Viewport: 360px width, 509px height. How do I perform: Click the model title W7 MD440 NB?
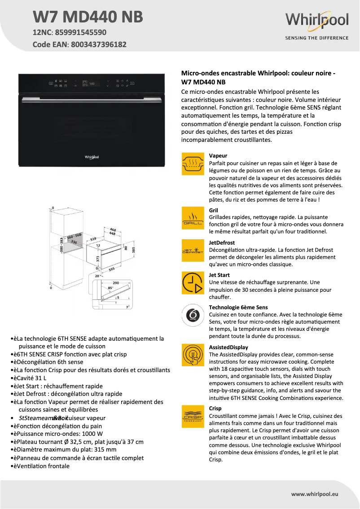coord(88,17)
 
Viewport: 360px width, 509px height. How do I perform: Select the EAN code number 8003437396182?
coord(98,44)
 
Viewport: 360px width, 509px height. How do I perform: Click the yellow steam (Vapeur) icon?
coord(193,163)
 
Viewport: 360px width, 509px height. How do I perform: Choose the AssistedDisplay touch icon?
coord(193,355)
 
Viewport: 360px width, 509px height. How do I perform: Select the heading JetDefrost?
coord(222,243)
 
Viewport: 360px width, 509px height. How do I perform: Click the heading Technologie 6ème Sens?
coord(238,307)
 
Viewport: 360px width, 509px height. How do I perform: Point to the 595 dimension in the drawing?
coord(112,269)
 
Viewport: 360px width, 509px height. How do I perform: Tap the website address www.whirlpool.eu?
coord(315,494)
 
